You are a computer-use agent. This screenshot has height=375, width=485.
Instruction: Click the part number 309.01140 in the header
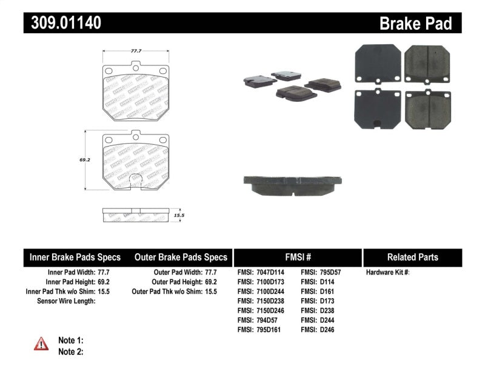point(63,23)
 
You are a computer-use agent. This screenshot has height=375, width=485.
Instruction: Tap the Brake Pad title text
point(415,24)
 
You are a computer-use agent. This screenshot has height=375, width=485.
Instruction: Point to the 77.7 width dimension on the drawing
point(136,52)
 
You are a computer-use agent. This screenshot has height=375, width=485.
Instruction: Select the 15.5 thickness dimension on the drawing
point(179,215)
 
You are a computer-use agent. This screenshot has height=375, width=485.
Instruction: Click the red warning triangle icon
point(41,344)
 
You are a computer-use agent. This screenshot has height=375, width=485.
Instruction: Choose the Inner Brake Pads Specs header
point(75,257)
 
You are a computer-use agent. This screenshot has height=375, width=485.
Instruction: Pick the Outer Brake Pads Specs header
point(181,257)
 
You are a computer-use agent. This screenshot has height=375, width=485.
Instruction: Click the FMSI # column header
point(297,257)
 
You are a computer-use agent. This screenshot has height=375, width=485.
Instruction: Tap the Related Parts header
point(412,257)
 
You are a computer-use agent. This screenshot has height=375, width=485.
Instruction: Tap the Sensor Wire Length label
point(66,301)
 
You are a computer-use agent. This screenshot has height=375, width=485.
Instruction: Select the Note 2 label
point(70,351)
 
